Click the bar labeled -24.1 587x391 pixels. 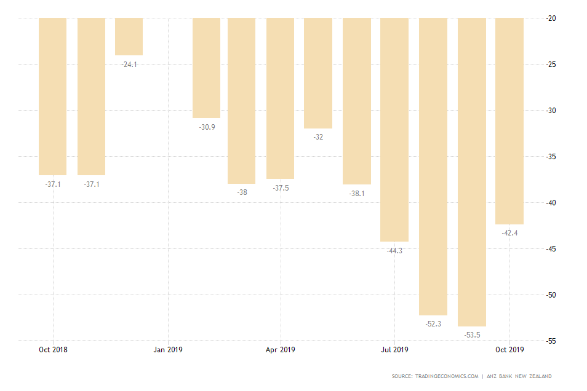coord(129,37)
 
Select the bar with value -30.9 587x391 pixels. coord(206,68)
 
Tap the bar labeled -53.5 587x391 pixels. coord(472,172)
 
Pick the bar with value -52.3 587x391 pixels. coord(433,166)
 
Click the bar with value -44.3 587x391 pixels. coord(394,129)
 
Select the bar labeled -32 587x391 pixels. coord(318,73)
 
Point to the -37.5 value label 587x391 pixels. coord(281,188)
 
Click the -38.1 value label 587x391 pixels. coord(357,193)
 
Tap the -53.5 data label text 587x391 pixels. coord(472,335)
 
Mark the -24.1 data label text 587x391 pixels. coord(129,64)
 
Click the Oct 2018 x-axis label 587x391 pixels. coord(53,350)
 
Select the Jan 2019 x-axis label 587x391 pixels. coord(168,350)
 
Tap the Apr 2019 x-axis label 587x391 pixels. coord(281,350)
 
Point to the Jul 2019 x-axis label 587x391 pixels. coord(394,350)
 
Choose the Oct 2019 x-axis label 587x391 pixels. coord(509,350)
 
